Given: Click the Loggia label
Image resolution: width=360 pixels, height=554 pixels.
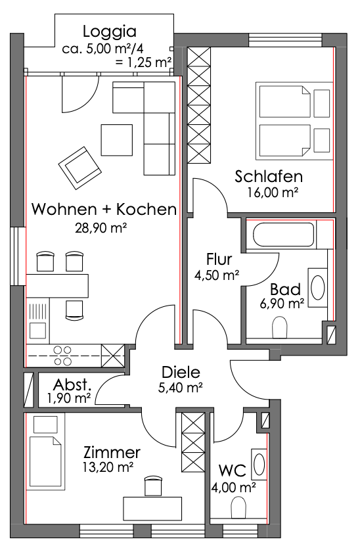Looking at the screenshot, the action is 110,32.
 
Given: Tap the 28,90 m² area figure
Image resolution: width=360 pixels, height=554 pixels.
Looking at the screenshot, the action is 101,228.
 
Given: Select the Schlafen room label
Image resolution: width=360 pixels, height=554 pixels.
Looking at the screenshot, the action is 269,176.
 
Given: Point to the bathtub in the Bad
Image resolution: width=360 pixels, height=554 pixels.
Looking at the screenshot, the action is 284,234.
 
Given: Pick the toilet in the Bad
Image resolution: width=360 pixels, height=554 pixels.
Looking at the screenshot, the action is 279,327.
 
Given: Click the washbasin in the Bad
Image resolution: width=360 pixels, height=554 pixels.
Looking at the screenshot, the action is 317,287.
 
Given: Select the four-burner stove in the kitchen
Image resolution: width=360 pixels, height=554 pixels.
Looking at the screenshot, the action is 62,356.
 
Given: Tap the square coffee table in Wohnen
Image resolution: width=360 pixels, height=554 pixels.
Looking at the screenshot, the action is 116,140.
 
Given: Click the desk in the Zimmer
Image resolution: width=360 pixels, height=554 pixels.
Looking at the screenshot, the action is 152,509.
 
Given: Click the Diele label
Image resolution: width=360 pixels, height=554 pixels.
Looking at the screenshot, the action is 181,372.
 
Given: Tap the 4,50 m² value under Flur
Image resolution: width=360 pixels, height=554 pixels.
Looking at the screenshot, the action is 217,275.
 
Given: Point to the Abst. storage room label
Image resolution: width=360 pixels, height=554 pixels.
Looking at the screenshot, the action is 72,384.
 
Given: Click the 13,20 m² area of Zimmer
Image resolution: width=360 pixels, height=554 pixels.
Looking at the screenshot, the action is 108,467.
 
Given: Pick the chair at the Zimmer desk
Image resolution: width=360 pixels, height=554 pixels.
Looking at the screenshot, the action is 153,486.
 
